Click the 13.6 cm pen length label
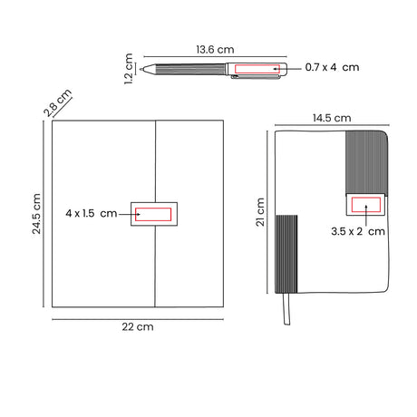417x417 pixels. coord(215,50)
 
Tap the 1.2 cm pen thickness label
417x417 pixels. coord(129,69)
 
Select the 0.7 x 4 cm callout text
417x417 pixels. coord(332,67)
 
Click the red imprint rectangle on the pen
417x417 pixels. coord(257,69)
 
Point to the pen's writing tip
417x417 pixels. coord(141,70)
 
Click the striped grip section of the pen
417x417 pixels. coord(190,69)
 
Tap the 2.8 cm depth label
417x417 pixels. coord(57,102)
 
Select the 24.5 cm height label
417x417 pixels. coord(36,214)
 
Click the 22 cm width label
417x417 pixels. coord(138,326)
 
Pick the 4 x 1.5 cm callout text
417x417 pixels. coord(92,213)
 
